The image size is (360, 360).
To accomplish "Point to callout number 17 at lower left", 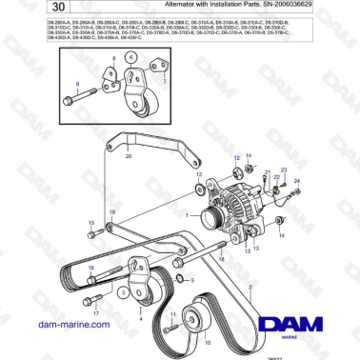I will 95,311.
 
